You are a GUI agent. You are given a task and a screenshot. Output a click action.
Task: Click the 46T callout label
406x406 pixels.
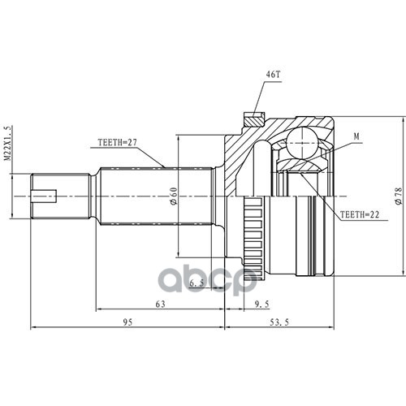click(273, 74)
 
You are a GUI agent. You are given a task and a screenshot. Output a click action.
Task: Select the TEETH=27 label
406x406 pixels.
click(118, 142)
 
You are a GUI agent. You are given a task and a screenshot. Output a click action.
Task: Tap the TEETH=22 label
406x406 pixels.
click(360, 214)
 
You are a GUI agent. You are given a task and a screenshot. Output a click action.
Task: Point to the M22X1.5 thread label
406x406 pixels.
click(9, 144)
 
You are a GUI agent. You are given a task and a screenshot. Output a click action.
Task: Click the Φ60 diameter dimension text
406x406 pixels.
click(174, 197)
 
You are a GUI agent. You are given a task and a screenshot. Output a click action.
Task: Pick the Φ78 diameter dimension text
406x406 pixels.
click(399, 197)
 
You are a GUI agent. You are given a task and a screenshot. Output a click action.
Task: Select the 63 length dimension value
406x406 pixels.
click(160, 304)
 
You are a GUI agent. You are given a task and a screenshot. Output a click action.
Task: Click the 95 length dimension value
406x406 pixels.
click(127, 322)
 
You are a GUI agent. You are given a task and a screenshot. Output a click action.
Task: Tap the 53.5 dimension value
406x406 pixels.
click(279, 322)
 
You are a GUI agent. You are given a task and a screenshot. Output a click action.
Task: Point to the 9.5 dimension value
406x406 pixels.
click(262, 304)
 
